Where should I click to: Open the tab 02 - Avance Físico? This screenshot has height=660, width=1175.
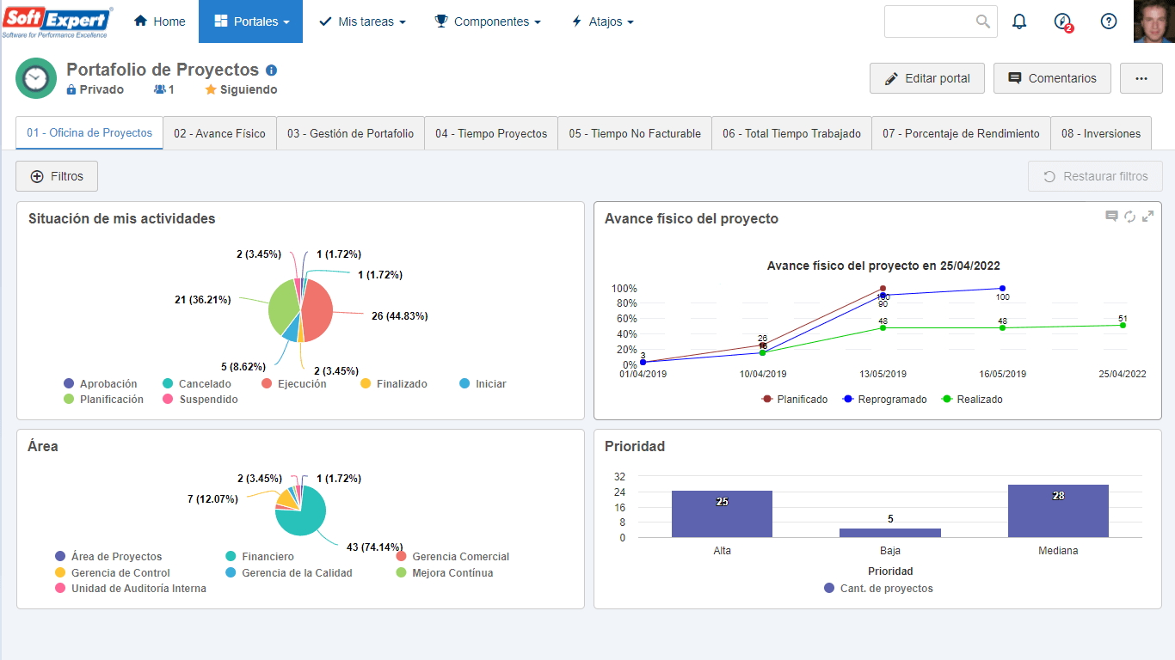(220, 134)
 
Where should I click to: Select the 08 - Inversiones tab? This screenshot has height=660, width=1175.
(1100, 134)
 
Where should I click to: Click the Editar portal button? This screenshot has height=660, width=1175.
(927, 79)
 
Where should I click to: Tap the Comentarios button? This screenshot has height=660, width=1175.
(1052, 79)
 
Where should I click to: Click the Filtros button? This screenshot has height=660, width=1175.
(57, 176)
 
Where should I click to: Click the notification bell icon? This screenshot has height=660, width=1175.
(1018, 21)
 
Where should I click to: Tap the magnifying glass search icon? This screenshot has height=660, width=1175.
(982, 21)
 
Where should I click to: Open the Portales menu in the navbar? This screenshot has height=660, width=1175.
(250, 21)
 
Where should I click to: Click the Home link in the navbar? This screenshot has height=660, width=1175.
(159, 21)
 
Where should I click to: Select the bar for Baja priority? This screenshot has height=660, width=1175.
(890, 533)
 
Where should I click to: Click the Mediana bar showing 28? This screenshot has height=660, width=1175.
(1058, 511)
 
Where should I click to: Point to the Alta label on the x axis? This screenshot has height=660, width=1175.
(722, 551)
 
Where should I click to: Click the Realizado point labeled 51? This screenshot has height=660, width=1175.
(1123, 326)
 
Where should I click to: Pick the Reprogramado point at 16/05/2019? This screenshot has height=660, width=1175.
(1002, 289)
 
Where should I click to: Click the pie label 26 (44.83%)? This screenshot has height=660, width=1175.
(400, 316)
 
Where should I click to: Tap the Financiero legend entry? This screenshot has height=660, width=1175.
(260, 556)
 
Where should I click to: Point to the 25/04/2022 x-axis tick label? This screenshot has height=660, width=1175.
(1123, 374)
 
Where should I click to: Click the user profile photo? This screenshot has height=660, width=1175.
(1154, 21)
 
